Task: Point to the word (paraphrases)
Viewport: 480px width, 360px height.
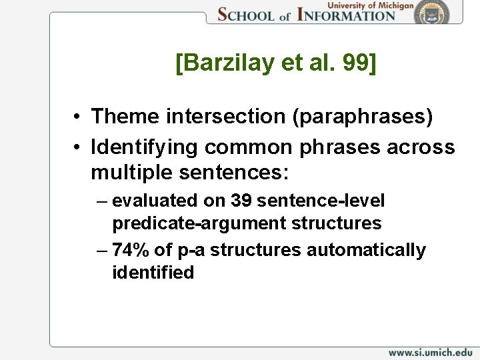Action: tap(353, 117)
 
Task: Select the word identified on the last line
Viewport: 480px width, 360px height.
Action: tap(153, 272)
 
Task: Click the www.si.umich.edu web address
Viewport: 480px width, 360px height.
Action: tap(430, 351)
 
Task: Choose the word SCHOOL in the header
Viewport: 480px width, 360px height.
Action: tap(246, 15)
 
